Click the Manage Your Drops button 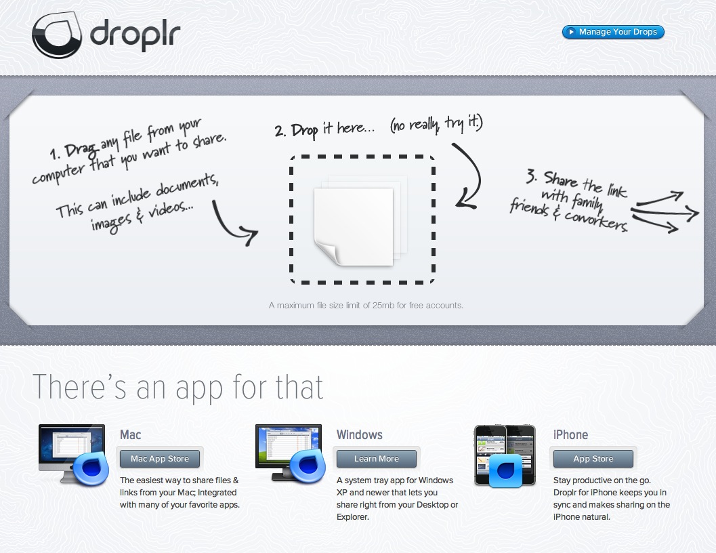[x=613, y=32]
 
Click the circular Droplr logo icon [x=57, y=35]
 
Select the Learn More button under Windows [x=376, y=458]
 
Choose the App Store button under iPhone [x=593, y=458]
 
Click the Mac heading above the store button [x=131, y=434]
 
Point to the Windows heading [x=360, y=434]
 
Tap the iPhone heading [x=570, y=434]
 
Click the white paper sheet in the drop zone [x=354, y=226]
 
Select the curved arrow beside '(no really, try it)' [x=469, y=176]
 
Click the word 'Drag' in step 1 [x=81, y=149]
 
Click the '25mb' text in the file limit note [x=383, y=305]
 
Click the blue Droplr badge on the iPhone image [x=505, y=470]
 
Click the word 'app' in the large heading [x=199, y=388]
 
